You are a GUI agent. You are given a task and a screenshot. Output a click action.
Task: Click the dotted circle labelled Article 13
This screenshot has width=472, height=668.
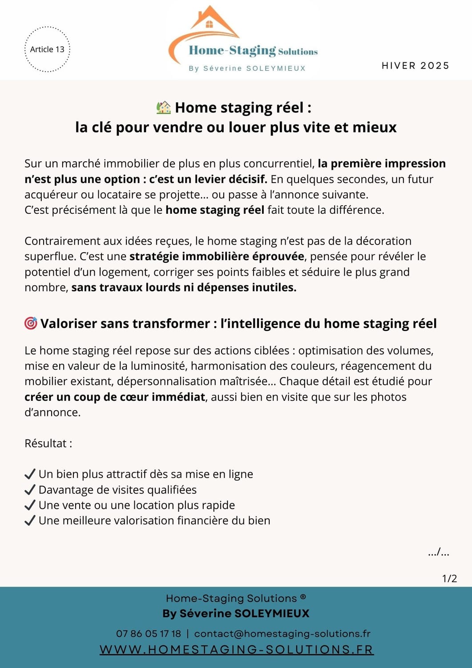coord(47,49)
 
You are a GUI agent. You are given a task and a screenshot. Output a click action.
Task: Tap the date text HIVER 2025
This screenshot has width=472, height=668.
coord(416,66)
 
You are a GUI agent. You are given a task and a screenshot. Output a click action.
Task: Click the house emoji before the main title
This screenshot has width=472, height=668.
coord(164,107)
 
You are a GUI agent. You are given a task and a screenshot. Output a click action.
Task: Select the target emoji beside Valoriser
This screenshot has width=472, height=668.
coord(31,323)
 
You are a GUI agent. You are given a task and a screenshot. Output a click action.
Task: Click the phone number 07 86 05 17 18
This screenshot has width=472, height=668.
coord(149,634)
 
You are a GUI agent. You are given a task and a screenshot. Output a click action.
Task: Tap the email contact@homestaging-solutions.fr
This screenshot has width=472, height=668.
coord(282,634)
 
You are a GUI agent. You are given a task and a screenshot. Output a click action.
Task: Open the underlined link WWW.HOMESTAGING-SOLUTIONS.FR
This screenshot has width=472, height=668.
coord(236,650)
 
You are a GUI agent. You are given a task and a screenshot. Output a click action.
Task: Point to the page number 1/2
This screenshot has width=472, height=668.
coord(449,578)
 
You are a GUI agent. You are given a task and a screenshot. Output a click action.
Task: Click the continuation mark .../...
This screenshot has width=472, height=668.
coord(438,553)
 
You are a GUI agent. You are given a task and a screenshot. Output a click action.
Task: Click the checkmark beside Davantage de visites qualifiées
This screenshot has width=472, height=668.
coord(30,490)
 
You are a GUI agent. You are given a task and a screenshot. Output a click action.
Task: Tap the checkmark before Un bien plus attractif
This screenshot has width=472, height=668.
coord(30,474)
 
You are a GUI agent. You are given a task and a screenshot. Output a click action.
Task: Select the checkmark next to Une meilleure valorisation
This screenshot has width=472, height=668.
coord(30,521)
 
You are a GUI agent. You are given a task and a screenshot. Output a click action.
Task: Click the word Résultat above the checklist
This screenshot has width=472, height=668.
coord(45,444)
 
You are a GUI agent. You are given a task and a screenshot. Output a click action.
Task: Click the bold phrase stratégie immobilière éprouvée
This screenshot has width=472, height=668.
coord(217,257)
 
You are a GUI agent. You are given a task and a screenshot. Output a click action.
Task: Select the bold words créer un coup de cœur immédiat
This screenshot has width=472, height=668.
coord(115,397)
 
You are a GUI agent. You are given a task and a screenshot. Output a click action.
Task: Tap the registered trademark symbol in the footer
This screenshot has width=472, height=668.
coord(303,597)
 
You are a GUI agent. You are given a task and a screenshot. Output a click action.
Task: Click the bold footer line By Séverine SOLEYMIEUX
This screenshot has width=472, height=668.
coord(236,614)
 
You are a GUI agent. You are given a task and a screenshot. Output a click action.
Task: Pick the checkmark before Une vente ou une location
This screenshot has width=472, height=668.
coord(30,505)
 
